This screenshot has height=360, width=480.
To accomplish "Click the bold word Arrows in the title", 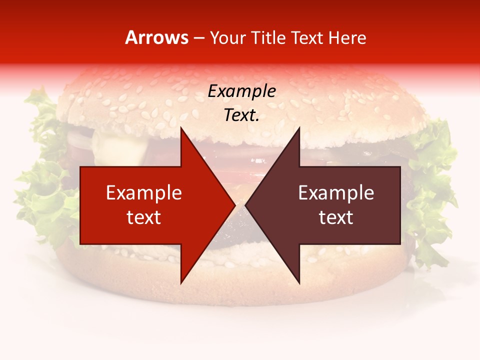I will (x=157, y=37).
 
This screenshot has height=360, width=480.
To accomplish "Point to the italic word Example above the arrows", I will (x=241, y=91).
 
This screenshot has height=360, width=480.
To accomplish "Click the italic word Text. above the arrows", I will (x=241, y=115).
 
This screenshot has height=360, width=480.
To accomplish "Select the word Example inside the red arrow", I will (x=143, y=193).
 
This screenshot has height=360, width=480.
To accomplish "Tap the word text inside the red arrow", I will (x=143, y=217).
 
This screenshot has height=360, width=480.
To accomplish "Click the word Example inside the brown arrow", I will (x=336, y=193).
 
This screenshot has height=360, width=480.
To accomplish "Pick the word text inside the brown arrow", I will (x=336, y=217).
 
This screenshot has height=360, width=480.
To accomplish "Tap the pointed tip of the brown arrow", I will (x=246, y=205).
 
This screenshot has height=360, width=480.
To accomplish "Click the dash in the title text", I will (x=198, y=38).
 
